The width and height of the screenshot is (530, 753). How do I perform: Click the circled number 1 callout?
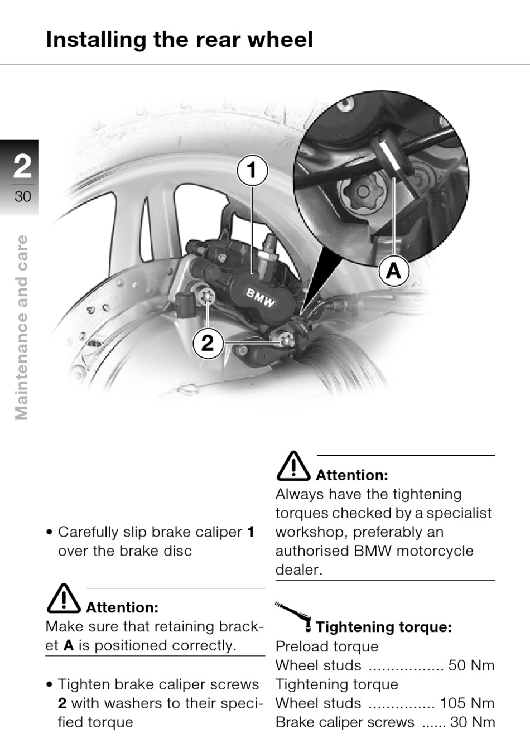coord(253,171)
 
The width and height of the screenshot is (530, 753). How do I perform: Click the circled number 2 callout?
coord(208,343)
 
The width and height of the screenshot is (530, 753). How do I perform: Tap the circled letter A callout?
coord(394,271)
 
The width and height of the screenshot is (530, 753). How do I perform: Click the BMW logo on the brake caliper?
coord(261,297)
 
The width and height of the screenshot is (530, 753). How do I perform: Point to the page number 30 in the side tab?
coord(22,196)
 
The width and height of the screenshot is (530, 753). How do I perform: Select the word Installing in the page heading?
coord(96,40)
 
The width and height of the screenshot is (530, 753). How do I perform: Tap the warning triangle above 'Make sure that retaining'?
coord(64,598)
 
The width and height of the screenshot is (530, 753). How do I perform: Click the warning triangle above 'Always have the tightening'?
coord(293,466)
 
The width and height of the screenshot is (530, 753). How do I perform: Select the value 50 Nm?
coord(471,665)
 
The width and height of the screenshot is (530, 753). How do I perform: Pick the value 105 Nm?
coord(467,703)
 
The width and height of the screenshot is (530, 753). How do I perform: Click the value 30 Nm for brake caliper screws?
coord(473,722)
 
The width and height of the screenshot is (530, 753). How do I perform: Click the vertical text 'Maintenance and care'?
coord(21,328)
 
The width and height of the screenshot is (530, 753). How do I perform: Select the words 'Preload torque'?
coord(327,647)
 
